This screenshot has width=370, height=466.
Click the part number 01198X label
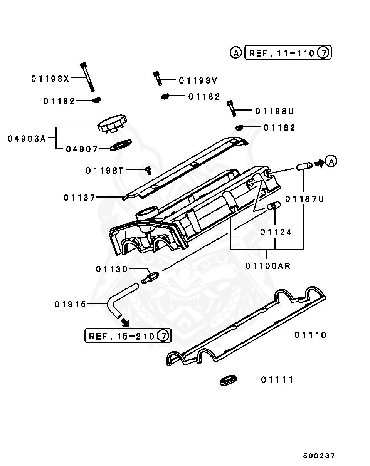pos(50,79)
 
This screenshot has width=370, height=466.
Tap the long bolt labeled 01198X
pos(87,77)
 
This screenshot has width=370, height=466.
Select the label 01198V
pos(198,80)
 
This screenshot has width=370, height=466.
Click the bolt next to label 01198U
pos(232,108)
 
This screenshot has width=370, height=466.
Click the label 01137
pos(79,198)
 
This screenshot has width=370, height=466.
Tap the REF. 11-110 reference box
pos(288,53)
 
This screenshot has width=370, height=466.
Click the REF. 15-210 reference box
pos(128,336)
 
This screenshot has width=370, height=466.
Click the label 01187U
pos(304,199)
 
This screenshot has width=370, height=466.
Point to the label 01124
pos(276,232)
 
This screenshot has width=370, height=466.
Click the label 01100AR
pos(268,266)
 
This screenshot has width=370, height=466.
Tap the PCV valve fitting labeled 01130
pos(151,278)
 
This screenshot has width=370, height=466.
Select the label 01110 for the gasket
pos(310,335)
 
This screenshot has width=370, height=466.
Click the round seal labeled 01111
pos(227,381)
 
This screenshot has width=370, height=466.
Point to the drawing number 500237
pos(318,456)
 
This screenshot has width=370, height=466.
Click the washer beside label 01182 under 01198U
pos(239,127)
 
